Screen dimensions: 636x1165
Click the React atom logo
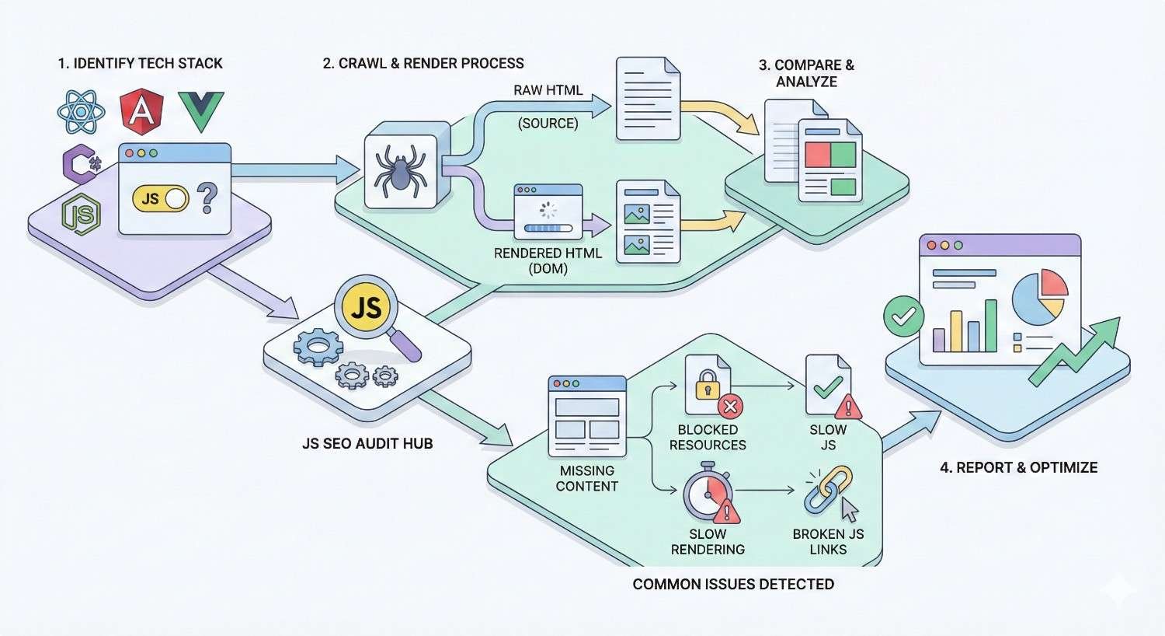click(x=81, y=112)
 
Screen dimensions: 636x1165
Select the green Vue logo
click(x=201, y=110)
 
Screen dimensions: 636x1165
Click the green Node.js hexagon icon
click(x=82, y=213)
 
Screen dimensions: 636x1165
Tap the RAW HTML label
click(x=548, y=90)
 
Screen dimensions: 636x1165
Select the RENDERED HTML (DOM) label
click(x=548, y=260)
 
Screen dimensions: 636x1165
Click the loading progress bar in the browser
click(x=548, y=229)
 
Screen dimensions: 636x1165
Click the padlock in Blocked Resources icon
click(x=707, y=386)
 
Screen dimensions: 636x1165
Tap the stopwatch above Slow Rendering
click(x=707, y=493)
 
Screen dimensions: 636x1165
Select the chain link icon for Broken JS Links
click(x=828, y=490)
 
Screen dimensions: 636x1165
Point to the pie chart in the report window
click(x=1039, y=296)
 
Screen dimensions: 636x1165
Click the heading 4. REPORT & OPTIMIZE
click(x=1018, y=467)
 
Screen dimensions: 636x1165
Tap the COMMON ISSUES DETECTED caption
click(x=733, y=584)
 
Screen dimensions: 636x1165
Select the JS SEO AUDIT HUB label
click(x=367, y=443)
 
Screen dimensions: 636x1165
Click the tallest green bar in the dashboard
click(x=990, y=326)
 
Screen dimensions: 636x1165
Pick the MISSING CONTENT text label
click(x=587, y=478)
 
